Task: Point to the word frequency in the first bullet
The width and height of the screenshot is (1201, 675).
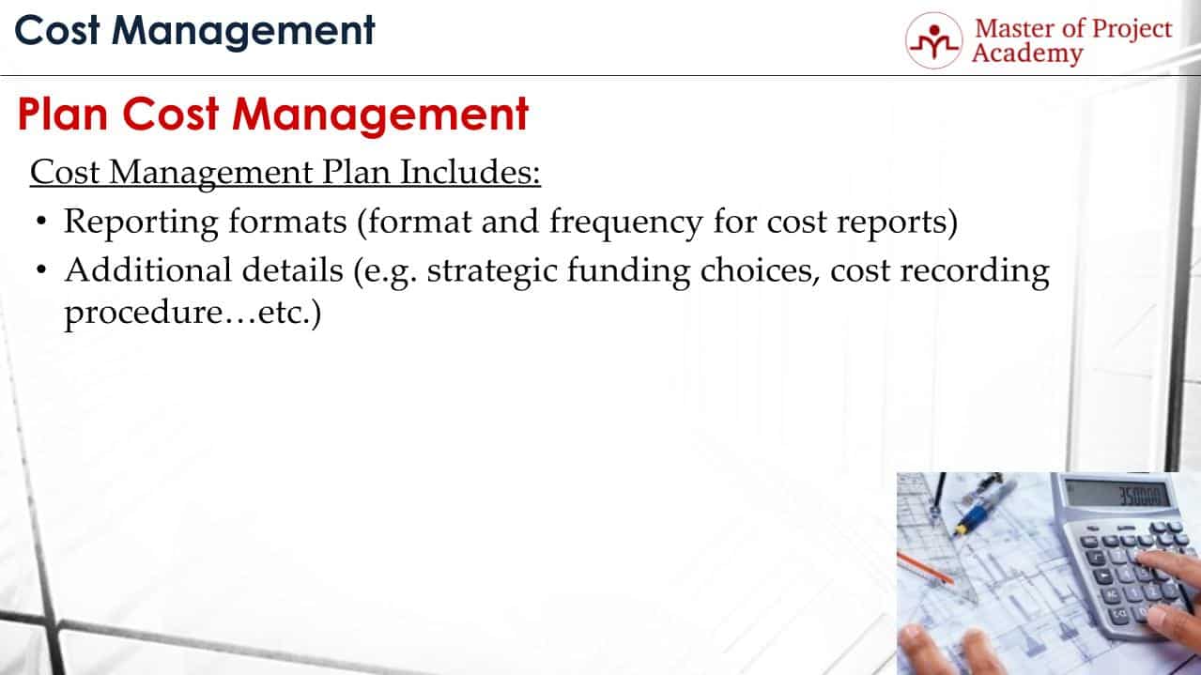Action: (625, 223)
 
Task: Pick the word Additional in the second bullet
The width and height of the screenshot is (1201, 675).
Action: (142, 270)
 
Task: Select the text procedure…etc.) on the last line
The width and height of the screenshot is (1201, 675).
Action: (192, 314)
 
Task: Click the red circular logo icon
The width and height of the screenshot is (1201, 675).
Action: (932, 40)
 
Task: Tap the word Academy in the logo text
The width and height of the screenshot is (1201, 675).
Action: (1026, 54)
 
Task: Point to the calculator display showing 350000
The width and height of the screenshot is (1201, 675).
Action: (1121, 494)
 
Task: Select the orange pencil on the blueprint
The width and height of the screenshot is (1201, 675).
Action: (926, 568)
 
